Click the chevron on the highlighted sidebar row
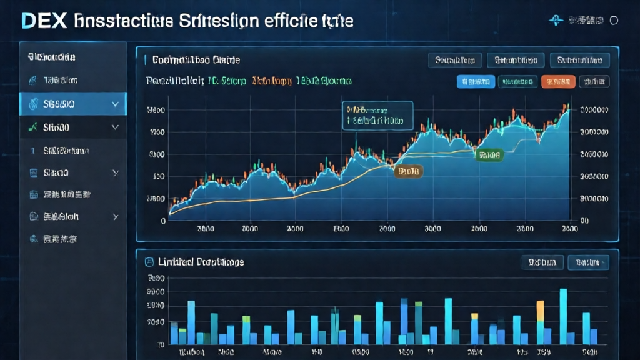pos(115,104)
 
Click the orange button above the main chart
pos(557,81)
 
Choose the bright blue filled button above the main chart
pos(476,81)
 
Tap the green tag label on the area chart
pos(489,154)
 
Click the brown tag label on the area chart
pos(408,170)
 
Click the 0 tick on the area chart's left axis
pos(163,221)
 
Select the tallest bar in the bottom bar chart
pos(563,316)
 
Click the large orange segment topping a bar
pos(540,311)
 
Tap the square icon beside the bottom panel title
pos(149,262)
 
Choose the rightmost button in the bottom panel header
pos(588,262)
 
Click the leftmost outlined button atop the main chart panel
pos(455,60)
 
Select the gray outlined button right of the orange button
pos(594,81)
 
